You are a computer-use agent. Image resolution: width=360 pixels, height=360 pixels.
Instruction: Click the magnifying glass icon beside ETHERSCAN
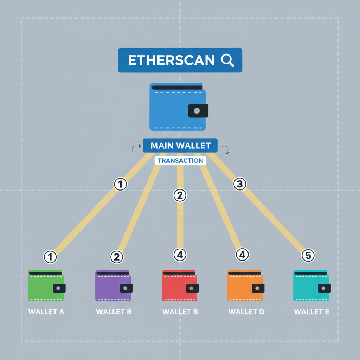[228, 60]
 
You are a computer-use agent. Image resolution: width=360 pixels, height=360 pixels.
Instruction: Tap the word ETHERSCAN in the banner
[171, 60]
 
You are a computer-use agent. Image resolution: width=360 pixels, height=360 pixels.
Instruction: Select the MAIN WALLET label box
[180, 146]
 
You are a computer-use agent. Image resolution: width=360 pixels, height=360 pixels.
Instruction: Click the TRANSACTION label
[180, 161]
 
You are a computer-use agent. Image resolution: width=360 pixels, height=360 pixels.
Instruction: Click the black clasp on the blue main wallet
[198, 110]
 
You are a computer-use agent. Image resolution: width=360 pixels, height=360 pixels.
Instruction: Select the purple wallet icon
[114, 285]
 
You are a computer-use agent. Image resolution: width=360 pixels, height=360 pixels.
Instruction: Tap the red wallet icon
[180, 285]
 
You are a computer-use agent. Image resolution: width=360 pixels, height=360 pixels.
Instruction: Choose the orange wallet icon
[245, 285]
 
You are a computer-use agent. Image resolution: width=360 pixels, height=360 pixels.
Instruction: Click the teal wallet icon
[311, 285]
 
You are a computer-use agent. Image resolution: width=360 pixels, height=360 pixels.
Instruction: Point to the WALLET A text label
[46, 312]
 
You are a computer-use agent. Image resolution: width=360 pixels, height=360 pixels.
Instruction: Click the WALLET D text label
[246, 312]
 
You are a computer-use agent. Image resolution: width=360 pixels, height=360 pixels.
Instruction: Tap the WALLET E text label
[311, 312]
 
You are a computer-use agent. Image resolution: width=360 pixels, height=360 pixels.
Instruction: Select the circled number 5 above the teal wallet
[308, 256]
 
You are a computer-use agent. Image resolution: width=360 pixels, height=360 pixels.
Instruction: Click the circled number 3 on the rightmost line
[240, 184]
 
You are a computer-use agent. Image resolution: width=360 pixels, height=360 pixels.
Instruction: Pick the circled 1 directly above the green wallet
[50, 257]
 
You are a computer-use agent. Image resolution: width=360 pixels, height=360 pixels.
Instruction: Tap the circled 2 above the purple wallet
[117, 257]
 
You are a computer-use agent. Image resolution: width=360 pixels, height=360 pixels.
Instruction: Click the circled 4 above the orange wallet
[242, 255]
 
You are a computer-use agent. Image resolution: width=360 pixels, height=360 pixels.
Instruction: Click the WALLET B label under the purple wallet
[114, 312]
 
